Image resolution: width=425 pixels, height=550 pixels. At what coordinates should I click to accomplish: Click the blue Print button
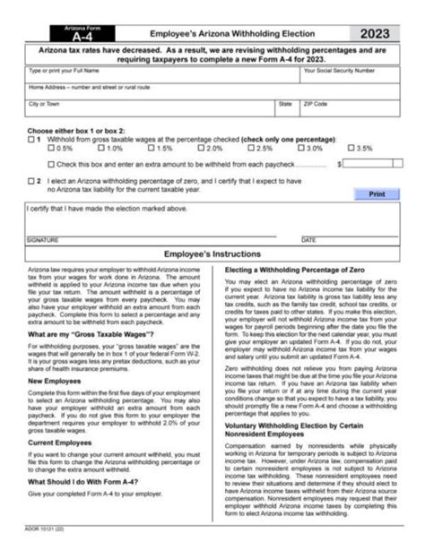pos(376,193)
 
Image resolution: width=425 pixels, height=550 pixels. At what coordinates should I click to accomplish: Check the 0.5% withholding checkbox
pos(51,149)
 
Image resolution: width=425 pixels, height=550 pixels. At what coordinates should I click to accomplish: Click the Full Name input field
pos(161,78)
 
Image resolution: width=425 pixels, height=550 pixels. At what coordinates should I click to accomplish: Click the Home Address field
pos(212,94)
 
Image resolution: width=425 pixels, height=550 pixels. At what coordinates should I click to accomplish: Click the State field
pos(286,110)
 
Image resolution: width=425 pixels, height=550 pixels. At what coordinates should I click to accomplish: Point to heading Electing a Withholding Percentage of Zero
pos(296,270)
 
